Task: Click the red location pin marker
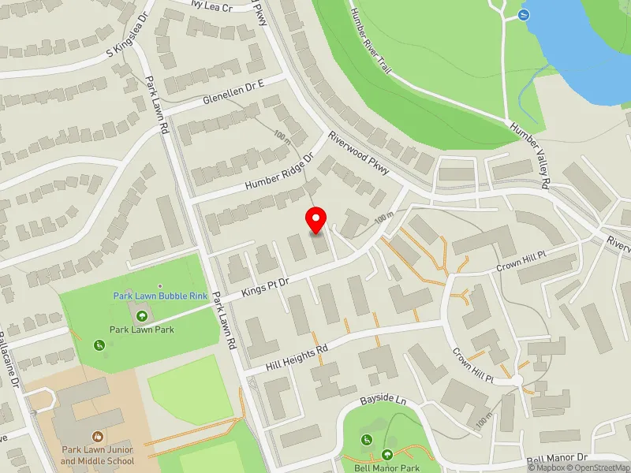316,219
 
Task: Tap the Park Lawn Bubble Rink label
159,296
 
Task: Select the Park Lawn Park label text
142,330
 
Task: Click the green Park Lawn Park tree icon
142,316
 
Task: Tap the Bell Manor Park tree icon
387,454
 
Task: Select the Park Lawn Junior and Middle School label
97,456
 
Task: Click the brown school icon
97,436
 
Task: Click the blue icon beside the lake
523,14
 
